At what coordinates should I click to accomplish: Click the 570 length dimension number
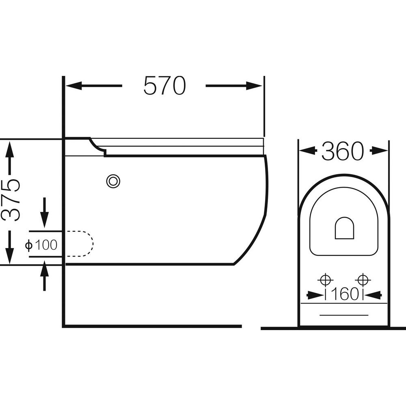(x=165, y=85)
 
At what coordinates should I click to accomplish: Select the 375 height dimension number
(x=11, y=200)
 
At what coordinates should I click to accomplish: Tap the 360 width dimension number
(x=343, y=151)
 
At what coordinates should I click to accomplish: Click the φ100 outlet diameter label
(x=41, y=245)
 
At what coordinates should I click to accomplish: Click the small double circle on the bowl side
(x=113, y=181)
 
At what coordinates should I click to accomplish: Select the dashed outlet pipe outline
(x=80, y=243)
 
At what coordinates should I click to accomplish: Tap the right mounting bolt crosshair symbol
(x=363, y=280)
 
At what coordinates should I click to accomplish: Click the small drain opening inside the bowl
(x=344, y=228)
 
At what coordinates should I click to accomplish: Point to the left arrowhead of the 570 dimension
(x=74, y=86)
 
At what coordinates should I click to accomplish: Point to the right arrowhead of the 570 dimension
(x=254, y=86)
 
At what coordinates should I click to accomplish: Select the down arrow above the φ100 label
(x=45, y=213)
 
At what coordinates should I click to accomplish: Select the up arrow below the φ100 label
(x=45, y=276)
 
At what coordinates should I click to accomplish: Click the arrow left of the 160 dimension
(x=315, y=294)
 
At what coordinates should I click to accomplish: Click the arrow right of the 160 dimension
(x=373, y=294)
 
